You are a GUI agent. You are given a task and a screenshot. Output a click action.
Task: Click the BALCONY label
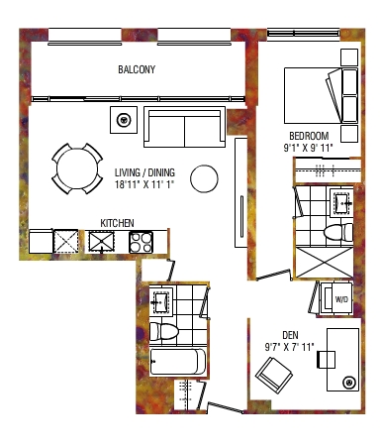point(137,69)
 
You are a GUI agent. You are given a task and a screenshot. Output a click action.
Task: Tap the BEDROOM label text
point(309,136)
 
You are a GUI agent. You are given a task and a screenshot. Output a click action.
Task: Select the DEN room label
point(290,335)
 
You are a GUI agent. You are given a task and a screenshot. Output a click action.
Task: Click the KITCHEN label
point(117,223)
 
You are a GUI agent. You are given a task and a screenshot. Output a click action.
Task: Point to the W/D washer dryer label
point(341,299)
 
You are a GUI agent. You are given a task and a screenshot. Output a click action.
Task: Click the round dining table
point(77,168)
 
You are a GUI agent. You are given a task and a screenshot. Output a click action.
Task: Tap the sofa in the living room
point(184,127)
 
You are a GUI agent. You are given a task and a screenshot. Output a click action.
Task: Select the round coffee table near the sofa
point(204,178)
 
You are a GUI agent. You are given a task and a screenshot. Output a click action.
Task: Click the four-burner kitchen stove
point(141,243)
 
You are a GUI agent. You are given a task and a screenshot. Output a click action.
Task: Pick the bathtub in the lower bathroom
point(178,362)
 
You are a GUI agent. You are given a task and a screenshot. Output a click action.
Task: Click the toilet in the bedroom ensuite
point(338,232)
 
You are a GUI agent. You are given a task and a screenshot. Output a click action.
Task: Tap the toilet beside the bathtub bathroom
point(164,331)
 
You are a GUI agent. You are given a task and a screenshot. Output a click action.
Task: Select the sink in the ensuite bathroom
point(342,201)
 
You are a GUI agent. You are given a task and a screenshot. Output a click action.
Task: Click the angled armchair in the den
point(274,376)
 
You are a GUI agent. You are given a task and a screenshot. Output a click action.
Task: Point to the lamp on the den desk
point(348,383)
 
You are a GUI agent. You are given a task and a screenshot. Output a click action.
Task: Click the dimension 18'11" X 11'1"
point(144,184)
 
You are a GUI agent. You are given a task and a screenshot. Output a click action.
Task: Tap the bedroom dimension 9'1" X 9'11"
point(308,148)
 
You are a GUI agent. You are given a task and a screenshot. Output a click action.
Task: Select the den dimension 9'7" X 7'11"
point(289,347)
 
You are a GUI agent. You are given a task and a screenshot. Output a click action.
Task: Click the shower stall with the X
point(324,263)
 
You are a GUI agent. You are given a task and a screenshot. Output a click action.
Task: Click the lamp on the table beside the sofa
point(124,120)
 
